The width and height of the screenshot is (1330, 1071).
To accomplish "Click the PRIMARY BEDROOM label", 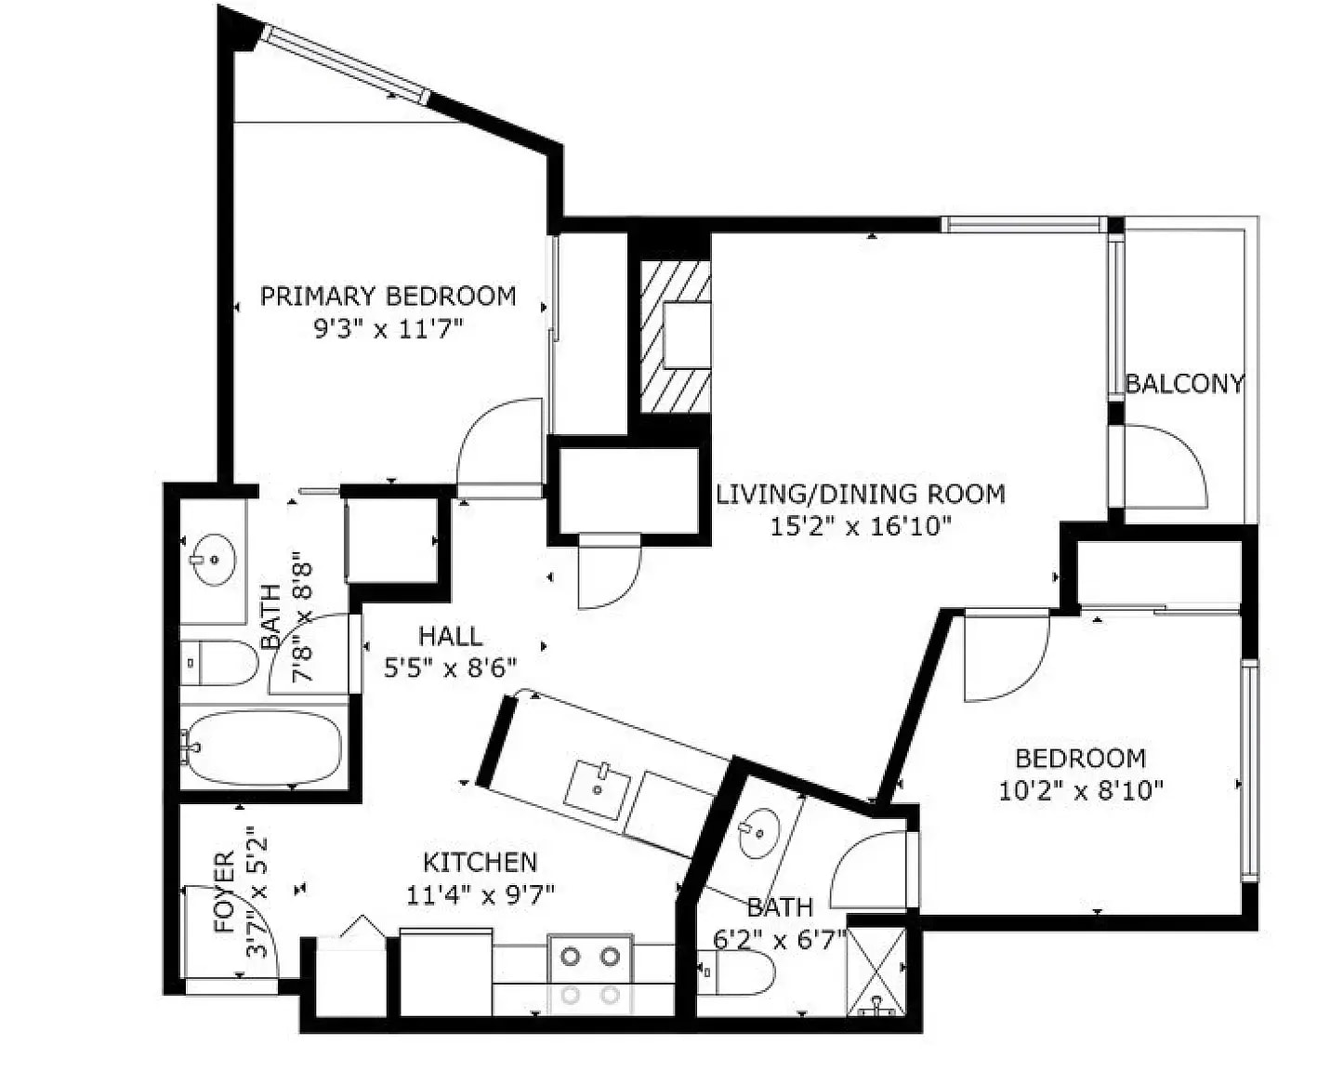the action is point(388,297).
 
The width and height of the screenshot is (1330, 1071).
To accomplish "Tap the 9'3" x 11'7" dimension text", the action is point(388,330).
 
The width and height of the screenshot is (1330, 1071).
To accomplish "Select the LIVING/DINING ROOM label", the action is point(861,494).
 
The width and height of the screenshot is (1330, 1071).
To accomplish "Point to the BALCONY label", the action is point(1183,384).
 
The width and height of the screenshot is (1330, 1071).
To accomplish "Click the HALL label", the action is point(450,636).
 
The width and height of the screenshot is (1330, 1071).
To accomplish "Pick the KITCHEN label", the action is point(481,862).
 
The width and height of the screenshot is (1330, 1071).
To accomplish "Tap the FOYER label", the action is point(225,892).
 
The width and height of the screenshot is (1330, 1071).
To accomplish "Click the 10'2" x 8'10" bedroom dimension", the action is point(1081,791).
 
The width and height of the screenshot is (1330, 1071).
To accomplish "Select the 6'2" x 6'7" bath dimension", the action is point(780,941).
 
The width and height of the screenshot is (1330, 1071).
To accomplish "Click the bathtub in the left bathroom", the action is point(263,748).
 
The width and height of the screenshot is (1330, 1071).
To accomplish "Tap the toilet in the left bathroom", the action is point(218,663).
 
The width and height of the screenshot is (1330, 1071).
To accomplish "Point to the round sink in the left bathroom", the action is point(213,560).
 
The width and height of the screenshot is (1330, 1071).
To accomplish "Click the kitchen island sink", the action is point(599,789).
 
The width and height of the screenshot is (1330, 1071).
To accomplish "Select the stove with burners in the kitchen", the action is point(590,975).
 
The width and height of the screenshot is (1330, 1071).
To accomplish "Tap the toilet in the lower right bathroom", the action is point(735,972).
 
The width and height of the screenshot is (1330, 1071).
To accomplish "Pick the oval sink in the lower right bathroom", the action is point(759,834).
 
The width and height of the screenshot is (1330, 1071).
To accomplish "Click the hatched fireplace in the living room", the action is point(675,337).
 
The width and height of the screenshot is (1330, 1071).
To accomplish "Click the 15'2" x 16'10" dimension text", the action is point(860,527).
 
